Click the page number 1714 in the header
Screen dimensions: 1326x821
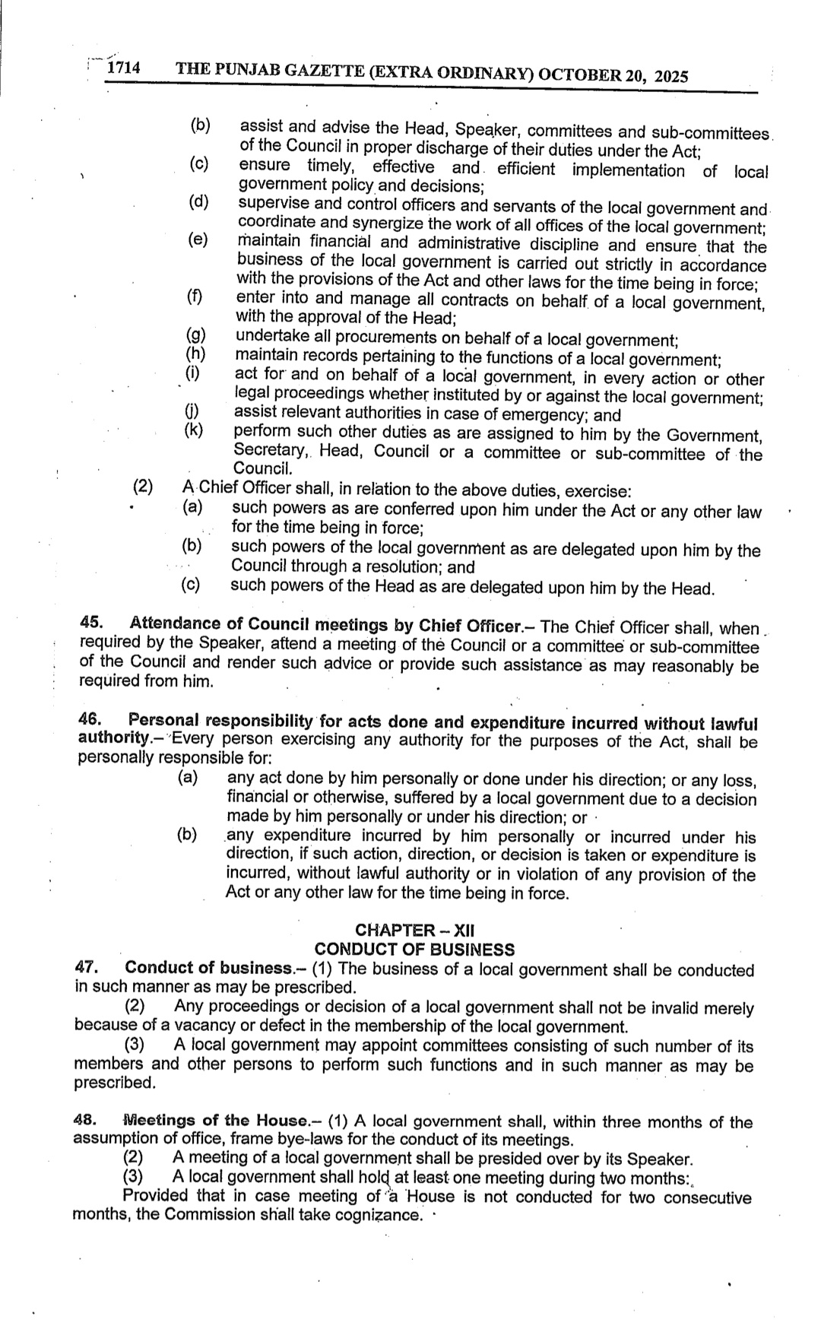tap(123, 68)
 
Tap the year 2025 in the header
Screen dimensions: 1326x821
tap(670, 76)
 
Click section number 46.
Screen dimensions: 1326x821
tap(89, 719)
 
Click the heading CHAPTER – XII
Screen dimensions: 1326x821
tap(415, 930)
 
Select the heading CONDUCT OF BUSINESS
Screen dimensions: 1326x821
tap(414, 949)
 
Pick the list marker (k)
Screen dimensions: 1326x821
tap(195, 431)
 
